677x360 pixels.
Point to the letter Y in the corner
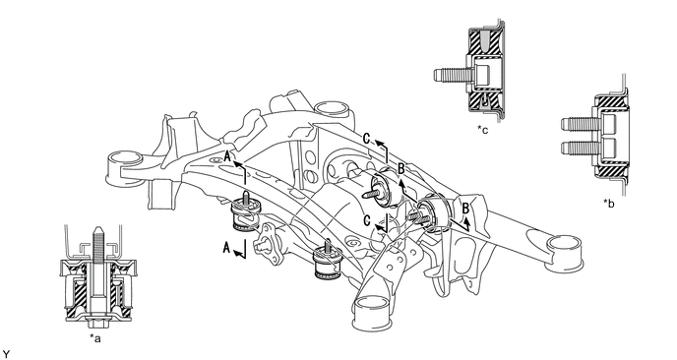tap(6, 352)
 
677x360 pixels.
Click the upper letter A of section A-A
tap(227, 155)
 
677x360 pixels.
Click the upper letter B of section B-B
tap(400, 168)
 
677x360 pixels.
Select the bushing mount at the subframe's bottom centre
tap(325, 263)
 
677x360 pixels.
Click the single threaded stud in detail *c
tap(450, 71)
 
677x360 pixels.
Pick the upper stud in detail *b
tap(576, 126)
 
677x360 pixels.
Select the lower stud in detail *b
tap(576, 150)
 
